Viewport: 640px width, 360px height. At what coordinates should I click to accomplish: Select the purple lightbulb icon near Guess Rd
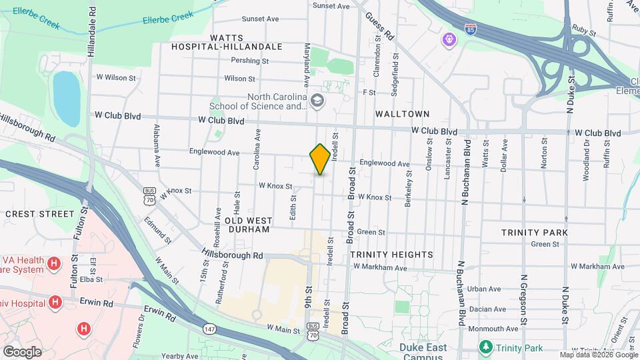pos(449,41)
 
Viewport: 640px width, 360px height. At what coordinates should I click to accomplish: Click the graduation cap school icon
pos(317,101)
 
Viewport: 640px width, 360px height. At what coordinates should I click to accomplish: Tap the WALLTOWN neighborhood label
pos(402,114)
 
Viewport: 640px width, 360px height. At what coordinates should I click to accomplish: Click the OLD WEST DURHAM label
pos(247,225)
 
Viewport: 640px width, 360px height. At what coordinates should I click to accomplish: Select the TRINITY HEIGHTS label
pos(391,255)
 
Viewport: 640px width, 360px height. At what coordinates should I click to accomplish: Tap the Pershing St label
pos(249,61)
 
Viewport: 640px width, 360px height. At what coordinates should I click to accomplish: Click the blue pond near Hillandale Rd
pos(66,99)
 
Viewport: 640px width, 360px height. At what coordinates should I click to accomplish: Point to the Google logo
pos(22,351)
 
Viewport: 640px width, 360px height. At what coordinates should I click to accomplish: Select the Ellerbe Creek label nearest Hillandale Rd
pos(163,19)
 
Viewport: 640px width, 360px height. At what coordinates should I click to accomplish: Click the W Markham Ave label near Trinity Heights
pos(380,267)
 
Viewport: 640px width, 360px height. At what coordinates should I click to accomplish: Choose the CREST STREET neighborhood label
pos(39,214)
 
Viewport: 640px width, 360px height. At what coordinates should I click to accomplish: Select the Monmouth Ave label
pos(493,329)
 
